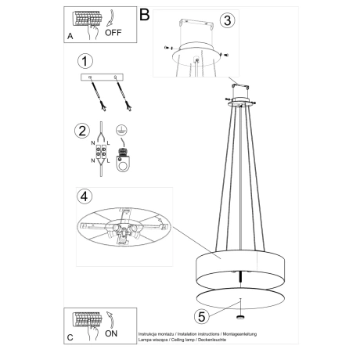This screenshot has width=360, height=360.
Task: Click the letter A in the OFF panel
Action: [x=70, y=36]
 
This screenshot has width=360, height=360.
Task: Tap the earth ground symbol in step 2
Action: [x=121, y=131]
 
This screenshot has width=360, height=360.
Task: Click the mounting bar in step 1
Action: [x=103, y=78]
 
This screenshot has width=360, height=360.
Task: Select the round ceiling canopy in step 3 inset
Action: [x=196, y=53]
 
